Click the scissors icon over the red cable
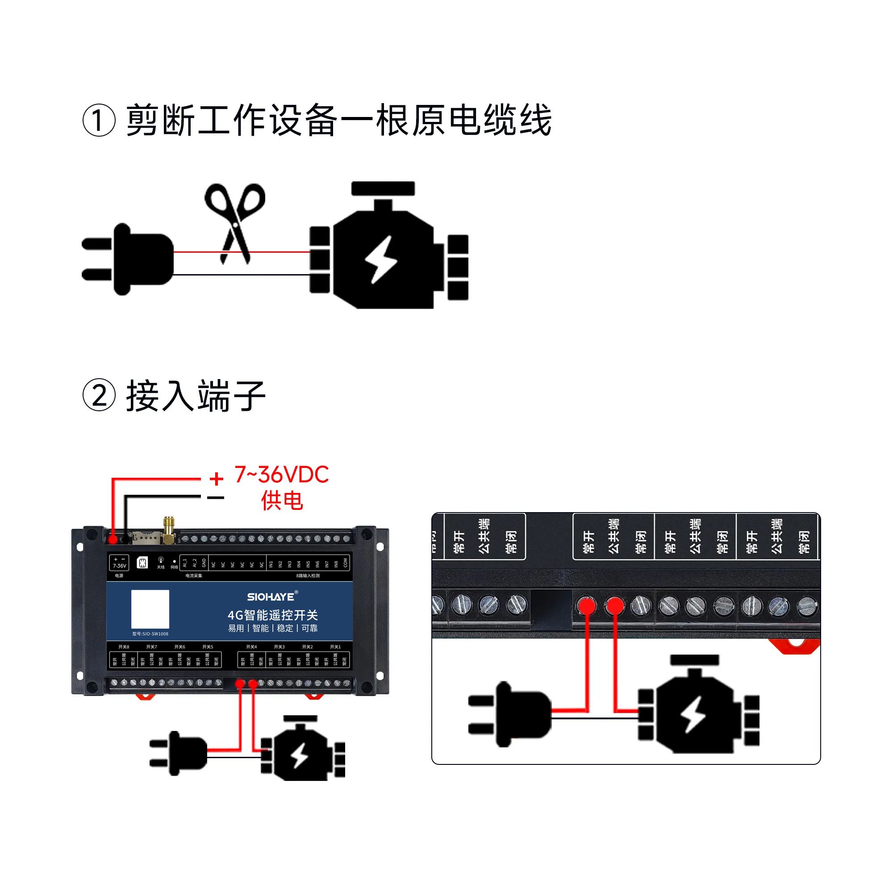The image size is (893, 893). click(235, 222)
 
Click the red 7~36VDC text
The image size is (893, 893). click(281, 475)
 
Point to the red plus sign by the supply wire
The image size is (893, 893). click(216, 478)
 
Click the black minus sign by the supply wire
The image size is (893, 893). click(215, 498)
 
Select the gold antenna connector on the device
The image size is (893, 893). click(169, 530)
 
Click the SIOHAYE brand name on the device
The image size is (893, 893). click(271, 597)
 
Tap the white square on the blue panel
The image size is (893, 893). click(150, 609)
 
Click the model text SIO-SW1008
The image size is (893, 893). click(150, 634)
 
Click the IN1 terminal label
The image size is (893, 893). click(271, 564)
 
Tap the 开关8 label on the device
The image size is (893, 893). click(124, 647)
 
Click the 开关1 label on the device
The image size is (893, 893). click(336, 647)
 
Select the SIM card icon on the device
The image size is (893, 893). click(143, 563)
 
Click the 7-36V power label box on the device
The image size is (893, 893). click(119, 563)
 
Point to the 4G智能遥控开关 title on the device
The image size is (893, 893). click(273, 615)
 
